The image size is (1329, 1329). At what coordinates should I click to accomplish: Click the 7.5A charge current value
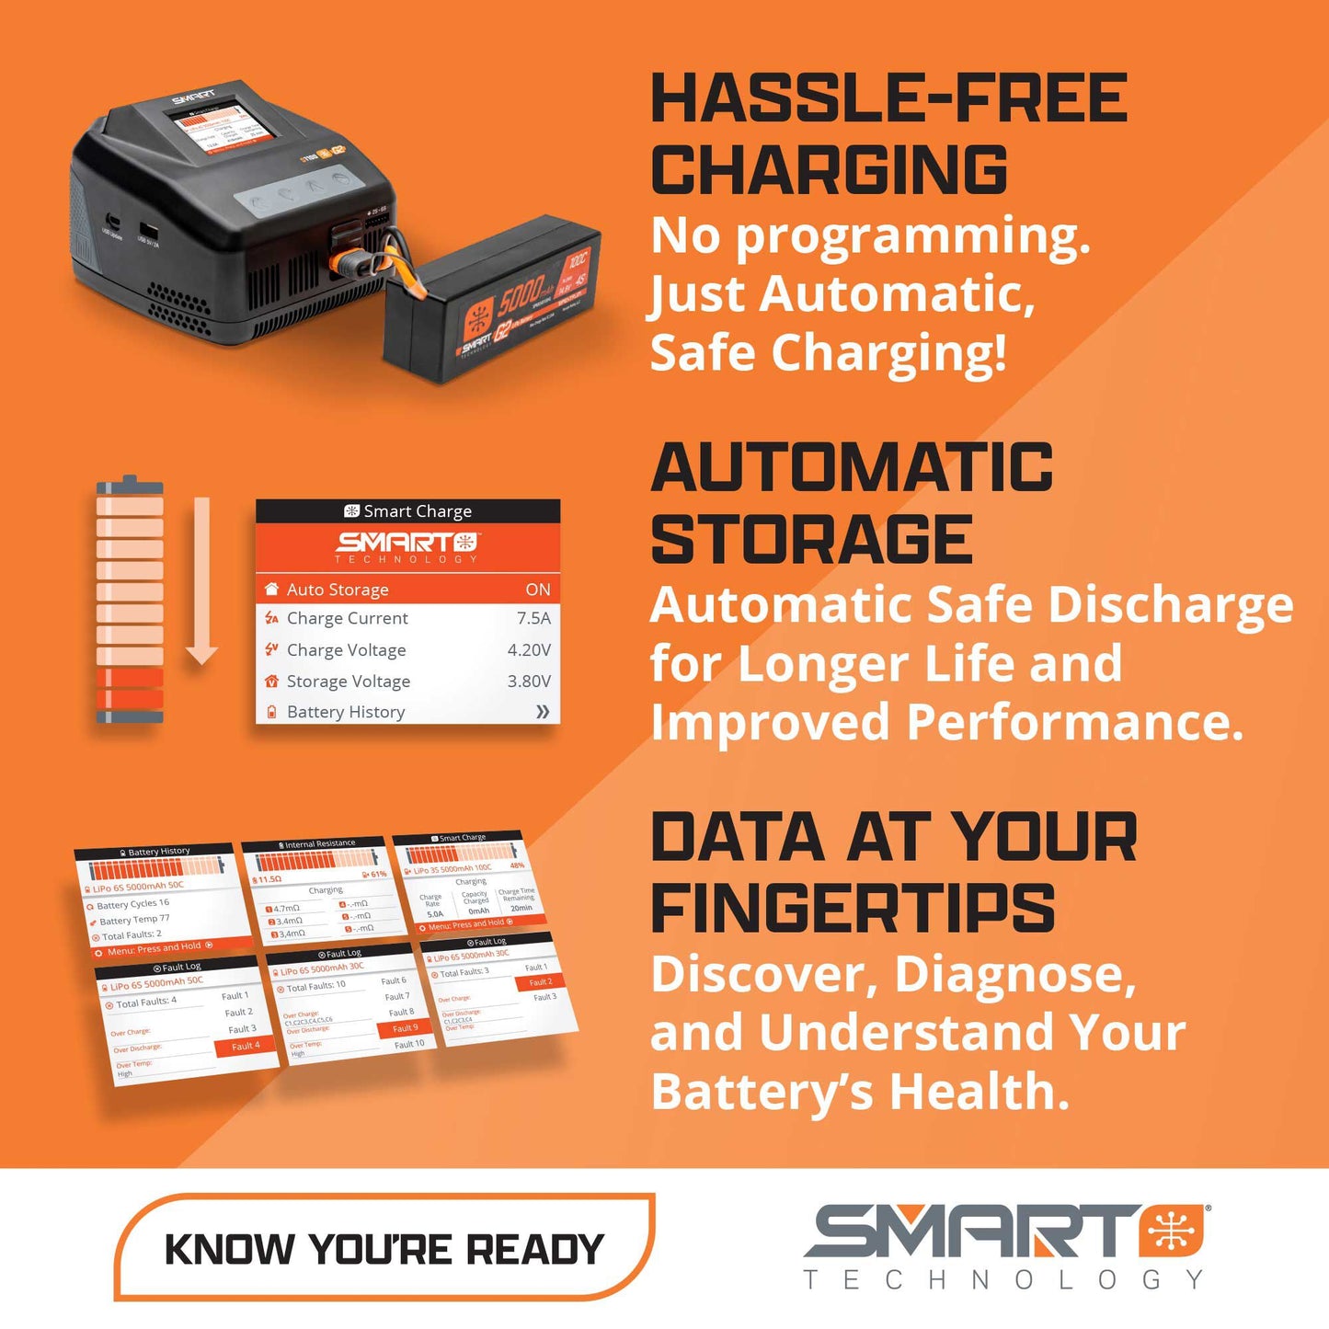pos(533,618)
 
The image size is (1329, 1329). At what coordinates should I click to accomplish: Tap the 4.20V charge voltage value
pos(529,650)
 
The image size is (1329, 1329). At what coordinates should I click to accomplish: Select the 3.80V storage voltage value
pos(529,682)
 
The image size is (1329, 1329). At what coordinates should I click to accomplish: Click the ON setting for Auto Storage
pos(538,590)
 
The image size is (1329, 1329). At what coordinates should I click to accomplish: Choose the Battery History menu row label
pos(346,712)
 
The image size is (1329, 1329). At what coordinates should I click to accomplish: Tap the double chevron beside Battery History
pos(543,712)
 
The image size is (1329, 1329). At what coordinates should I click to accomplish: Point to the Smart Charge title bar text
pos(417,511)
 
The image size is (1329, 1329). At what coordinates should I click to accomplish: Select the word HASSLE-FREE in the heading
pos(888,99)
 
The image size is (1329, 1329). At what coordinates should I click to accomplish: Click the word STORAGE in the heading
pos(811,540)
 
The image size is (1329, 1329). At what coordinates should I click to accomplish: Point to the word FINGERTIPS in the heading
pos(853,909)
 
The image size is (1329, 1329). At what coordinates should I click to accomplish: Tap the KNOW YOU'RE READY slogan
pos(384,1250)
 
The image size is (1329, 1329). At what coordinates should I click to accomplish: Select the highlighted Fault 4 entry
pos(245,1046)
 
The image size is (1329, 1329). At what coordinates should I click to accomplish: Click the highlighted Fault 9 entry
pos(405,1028)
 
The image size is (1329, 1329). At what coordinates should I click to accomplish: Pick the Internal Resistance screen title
pos(319,843)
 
